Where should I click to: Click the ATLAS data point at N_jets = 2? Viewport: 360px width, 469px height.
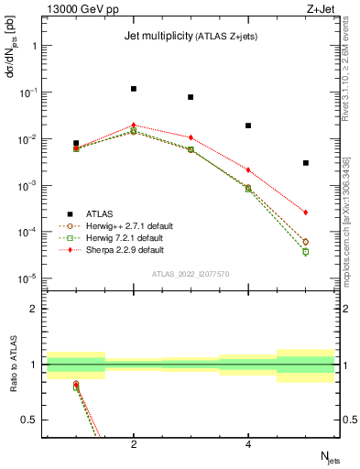[x=134, y=89]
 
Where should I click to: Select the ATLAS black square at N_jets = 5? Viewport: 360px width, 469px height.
[x=306, y=163]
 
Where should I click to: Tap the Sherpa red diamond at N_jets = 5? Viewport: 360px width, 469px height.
[x=306, y=213]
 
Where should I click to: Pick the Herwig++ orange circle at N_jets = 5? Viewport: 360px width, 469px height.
[x=306, y=242]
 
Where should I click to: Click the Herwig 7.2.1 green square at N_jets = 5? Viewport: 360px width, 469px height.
[x=306, y=251]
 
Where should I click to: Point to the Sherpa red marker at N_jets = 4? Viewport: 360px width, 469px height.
[x=248, y=169]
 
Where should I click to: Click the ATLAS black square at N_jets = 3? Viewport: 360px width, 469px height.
[x=191, y=97]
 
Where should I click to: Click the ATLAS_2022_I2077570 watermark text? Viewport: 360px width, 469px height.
[x=191, y=273]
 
